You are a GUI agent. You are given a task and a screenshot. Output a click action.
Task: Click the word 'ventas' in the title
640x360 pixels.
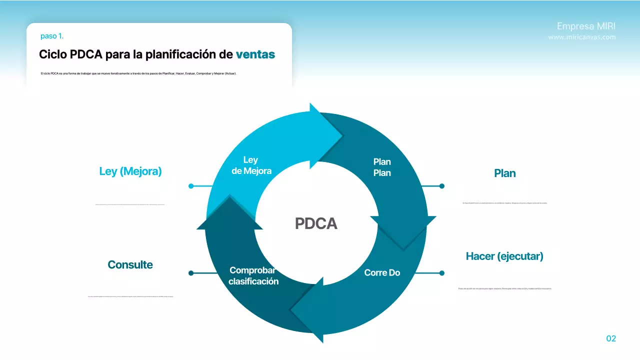pyautogui.click(x=255, y=54)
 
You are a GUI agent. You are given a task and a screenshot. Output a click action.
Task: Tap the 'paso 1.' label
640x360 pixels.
pyautogui.click(x=52, y=36)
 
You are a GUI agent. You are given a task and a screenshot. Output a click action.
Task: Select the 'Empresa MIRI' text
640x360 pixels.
pyautogui.click(x=586, y=26)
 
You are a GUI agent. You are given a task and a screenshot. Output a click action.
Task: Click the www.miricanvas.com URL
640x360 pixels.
pyautogui.click(x=581, y=37)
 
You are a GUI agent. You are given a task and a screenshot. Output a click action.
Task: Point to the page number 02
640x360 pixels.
pyautogui.click(x=611, y=338)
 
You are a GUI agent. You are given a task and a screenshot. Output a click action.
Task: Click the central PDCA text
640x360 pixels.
pyautogui.click(x=316, y=223)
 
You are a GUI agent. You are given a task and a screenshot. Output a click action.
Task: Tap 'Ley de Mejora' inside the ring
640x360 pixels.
pyautogui.click(x=250, y=165)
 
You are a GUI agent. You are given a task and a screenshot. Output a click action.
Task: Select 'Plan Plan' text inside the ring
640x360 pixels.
pyautogui.click(x=382, y=167)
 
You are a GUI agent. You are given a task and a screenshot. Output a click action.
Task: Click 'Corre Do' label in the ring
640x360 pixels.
pyautogui.click(x=382, y=272)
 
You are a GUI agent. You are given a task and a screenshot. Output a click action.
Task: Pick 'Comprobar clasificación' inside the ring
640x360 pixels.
pyautogui.click(x=253, y=275)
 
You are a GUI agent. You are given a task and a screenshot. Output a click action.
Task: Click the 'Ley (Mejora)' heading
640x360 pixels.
pyautogui.click(x=130, y=171)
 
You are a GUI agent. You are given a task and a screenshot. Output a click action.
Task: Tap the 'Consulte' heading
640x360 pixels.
pyautogui.click(x=130, y=264)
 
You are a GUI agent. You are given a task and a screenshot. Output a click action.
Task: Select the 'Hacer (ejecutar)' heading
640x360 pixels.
pyautogui.click(x=504, y=256)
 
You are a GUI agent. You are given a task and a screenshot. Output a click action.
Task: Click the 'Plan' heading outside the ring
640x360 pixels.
pyautogui.click(x=504, y=173)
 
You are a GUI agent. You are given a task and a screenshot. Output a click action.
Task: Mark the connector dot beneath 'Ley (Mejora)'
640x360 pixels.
pyautogui.click(x=191, y=186)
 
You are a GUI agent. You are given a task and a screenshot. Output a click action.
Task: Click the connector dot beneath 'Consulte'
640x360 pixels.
pyautogui.click(x=191, y=273)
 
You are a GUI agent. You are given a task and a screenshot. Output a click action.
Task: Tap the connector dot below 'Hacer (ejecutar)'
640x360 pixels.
pyautogui.click(x=441, y=273)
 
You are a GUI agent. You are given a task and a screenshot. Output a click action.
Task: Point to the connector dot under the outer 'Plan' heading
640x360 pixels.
pyautogui.click(x=441, y=186)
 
